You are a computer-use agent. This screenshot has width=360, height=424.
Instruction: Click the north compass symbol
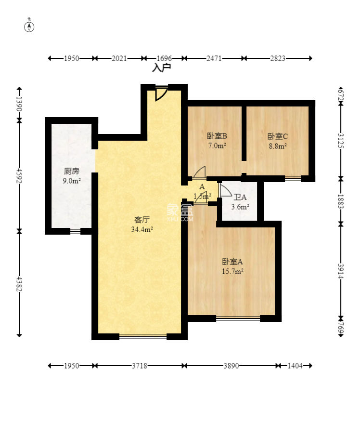[29, 26]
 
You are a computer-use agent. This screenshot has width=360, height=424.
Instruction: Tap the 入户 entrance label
[162, 68]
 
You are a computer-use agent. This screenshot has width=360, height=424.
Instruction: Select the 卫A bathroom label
[240, 197]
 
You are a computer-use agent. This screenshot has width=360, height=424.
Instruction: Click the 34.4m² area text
[143, 230]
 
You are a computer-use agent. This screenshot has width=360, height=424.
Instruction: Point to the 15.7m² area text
[232, 272]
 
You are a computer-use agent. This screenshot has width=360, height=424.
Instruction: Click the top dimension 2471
[214, 58]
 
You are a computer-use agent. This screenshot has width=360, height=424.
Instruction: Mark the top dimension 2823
[278, 58]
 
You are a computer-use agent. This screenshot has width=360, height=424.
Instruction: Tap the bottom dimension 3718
[140, 366]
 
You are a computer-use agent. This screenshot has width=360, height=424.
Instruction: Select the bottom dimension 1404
[295, 366]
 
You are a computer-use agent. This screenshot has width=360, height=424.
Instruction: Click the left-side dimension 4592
[19, 176]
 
